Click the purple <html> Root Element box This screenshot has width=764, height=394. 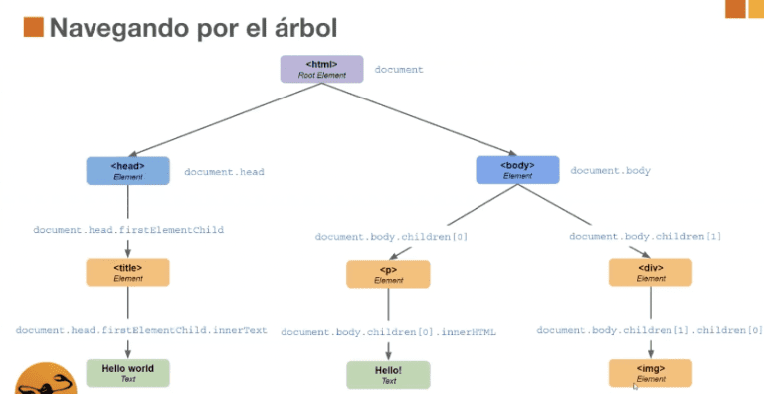coord(322,69)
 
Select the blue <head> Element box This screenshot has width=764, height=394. coord(127,171)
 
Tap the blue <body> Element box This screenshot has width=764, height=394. coord(517,170)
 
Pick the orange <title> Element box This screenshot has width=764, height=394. coord(127,273)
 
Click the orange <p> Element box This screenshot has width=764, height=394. coord(388,274)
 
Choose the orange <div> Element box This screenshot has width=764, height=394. coord(650,273)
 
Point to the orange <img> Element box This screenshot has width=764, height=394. coord(650,373)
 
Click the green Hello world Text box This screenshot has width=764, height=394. coord(127,373)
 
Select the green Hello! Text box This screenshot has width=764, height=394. coord(388,375)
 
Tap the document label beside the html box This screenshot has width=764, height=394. coord(399,70)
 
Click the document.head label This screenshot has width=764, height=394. coord(224,172)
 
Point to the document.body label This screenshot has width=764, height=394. coord(610,171)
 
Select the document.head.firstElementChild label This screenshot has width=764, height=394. coord(128,230)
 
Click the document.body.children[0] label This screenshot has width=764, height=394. coord(391,237)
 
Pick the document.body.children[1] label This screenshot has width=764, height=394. coord(646,237)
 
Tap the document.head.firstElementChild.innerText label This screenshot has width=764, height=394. coord(141,330)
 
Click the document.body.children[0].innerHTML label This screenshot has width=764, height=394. coord(388,332)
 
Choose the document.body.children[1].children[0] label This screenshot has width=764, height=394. coord(650,330)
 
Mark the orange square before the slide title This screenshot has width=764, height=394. coord(33,27)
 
